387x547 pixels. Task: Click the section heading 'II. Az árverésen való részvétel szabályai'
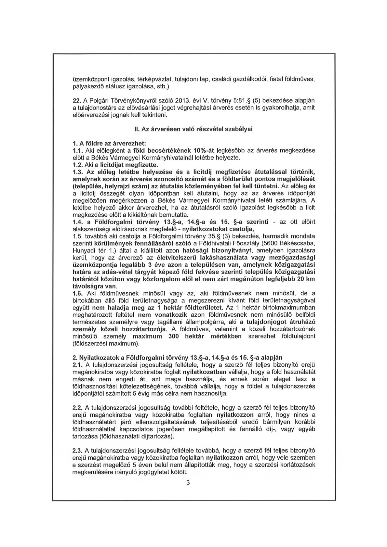click(193, 129)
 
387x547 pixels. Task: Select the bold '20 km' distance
click(306, 279)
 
